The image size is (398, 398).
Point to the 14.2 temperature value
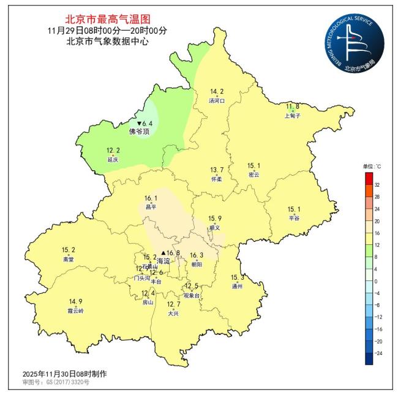(217, 91)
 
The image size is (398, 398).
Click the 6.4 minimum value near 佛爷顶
(146, 123)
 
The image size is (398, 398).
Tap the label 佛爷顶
(140, 132)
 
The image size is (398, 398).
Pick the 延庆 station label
(113, 159)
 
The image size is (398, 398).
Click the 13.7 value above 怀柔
(217, 170)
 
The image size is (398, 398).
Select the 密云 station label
(253, 175)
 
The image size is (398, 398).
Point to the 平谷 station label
(294, 218)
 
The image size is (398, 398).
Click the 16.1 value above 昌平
(151, 198)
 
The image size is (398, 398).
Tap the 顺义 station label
(214, 227)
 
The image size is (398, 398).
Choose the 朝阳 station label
(197, 264)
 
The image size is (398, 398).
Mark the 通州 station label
(238, 285)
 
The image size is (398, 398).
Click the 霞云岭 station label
(76, 310)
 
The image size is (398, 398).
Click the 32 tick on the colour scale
(377, 184)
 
